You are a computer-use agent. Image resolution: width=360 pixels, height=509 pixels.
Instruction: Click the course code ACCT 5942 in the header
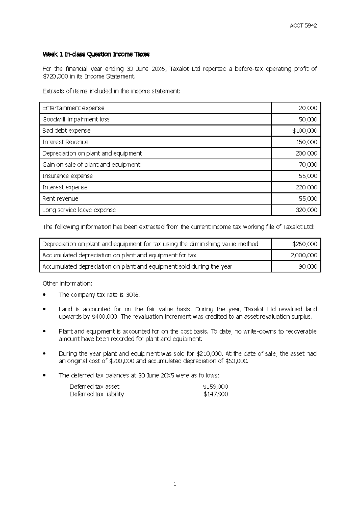pyautogui.click(x=303, y=25)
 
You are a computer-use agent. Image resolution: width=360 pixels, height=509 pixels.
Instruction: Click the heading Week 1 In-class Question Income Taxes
pyautogui.click(x=96, y=54)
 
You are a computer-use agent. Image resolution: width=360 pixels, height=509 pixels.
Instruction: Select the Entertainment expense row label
pyautogui.click(x=73, y=108)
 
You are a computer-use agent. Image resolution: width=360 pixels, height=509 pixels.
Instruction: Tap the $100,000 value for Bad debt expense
pyautogui.click(x=304, y=131)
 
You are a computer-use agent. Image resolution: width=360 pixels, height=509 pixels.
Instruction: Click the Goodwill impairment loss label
pyautogui.click(x=76, y=119)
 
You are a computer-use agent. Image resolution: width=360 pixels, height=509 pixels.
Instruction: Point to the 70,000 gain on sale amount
pyautogui.click(x=308, y=165)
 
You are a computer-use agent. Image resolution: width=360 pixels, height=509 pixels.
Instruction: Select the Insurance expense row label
pyautogui.click(x=67, y=176)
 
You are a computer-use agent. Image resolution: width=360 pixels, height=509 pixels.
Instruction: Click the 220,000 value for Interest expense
pyautogui.click(x=307, y=187)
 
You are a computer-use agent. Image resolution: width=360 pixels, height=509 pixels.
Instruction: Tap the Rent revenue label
pyautogui.click(x=60, y=199)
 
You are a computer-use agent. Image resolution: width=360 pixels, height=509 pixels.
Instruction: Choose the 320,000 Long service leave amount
pyautogui.click(x=307, y=210)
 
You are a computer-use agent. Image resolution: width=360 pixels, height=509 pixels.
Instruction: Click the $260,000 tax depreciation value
pyautogui.click(x=304, y=244)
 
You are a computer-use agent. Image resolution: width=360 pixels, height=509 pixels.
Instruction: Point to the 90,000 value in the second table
pyautogui.click(x=308, y=267)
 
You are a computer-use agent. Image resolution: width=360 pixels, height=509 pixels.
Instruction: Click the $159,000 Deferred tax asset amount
pyautogui.click(x=215, y=387)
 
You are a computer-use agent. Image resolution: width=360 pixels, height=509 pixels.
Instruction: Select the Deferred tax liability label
pyautogui.click(x=97, y=394)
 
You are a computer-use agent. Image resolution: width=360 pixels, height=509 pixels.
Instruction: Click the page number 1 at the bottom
pyautogui.click(x=175, y=484)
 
